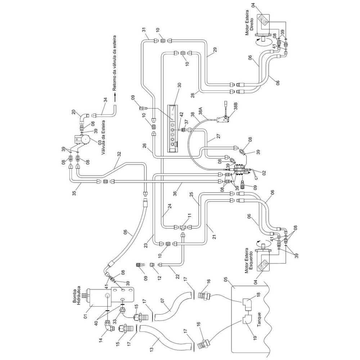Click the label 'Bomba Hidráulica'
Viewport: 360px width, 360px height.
(76, 295)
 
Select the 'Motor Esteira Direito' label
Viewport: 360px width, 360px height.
(249, 22)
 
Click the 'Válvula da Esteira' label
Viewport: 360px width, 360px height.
(103, 137)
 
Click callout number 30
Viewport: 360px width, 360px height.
(179, 85)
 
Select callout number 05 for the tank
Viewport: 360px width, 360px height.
(225, 281)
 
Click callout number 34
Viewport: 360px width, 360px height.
(105, 100)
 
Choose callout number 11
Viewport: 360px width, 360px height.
(189, 216)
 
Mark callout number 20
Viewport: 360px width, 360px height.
(73, 112)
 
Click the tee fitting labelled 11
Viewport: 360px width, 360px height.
(183, 227)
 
